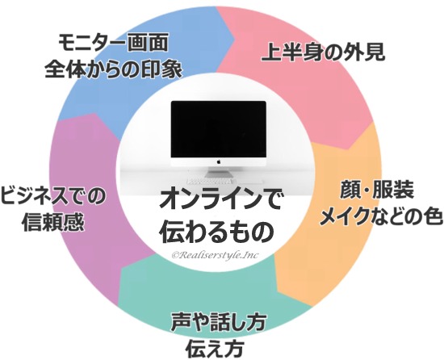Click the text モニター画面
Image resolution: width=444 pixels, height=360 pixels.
point(113,43)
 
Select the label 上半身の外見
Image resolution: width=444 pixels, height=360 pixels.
point(324,52)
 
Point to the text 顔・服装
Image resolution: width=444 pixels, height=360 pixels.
point(377,190)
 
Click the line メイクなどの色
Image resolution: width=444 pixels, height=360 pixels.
point(381,216)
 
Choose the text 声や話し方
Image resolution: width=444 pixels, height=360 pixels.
point(218,322)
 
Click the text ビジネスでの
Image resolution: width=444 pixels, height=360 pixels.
point(53,196)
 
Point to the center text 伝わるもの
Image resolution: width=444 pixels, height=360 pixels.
point(216,231)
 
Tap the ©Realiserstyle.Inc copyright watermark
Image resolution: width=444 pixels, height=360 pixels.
point(215,255)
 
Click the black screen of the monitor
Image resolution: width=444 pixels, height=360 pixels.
point(218,130)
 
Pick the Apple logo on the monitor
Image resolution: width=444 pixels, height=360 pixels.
point(218,162)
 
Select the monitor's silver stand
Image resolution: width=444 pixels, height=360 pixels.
point(218,172)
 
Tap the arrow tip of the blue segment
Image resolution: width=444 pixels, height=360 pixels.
point(234,37)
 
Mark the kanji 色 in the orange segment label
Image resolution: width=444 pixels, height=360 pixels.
point(434,216)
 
